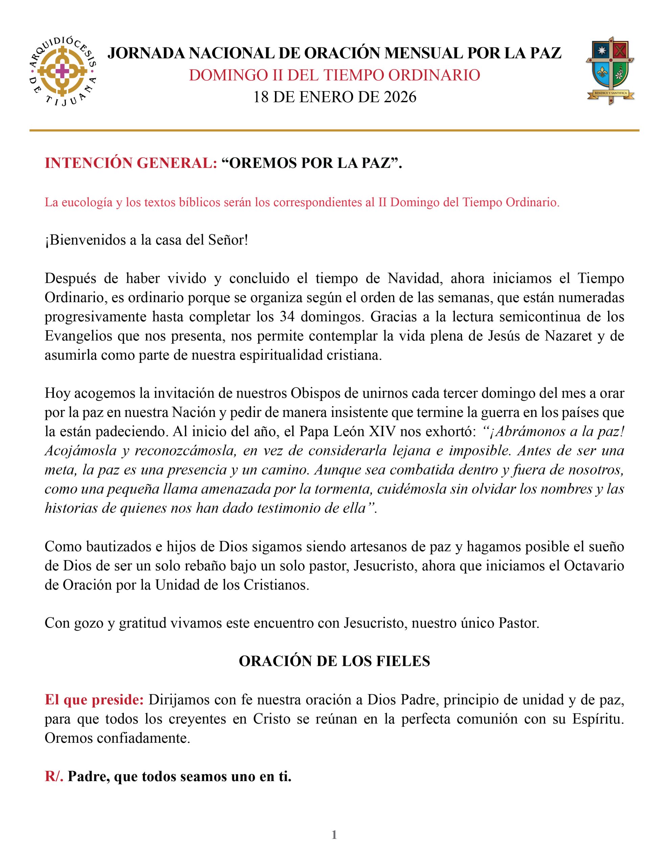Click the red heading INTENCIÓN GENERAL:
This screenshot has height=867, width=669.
[131, 163]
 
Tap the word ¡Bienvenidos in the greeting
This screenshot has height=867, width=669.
[84, 240]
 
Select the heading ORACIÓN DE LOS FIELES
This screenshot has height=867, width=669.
[334, 661]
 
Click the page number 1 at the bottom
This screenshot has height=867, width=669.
[334, 835]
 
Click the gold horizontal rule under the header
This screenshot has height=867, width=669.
[334, 130]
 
